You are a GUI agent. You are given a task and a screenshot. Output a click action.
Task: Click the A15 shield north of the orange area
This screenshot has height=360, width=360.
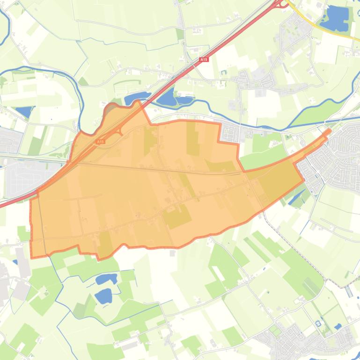[x=203, y=60]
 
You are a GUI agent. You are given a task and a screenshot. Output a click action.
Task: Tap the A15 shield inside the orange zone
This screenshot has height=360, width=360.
[x=100, y=141]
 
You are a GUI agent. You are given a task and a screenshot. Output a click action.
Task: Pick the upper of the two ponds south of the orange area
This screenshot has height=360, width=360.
[x=106, y=279]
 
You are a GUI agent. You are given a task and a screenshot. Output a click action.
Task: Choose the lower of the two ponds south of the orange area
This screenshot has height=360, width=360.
[x=103, y=295]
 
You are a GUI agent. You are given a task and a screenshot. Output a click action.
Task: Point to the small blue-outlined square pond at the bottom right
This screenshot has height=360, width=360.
[x=318, y=323]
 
